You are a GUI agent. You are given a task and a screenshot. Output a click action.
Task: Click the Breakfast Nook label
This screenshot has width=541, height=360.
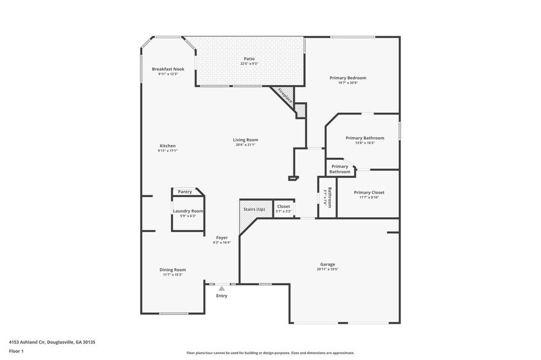pyautogui.click(x=168, y=69)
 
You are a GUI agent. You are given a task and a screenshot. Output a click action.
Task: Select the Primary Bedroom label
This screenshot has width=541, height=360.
pyautogui.click(x=347, y=78)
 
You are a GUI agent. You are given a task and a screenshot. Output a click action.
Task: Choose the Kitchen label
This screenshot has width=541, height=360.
pyautogui.click(x=168, y=146)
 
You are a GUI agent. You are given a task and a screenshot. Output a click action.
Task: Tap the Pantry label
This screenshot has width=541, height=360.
pyautogui.click(x=185, y=192)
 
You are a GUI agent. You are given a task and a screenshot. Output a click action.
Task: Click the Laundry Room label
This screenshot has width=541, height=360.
pyautogui.click(x=188, y=211)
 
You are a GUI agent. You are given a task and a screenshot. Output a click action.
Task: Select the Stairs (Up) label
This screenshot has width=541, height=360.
pyautogui.click(x=254, y=209)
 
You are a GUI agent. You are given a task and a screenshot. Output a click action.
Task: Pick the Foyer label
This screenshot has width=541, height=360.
pyautogui.click(x=221, y=238)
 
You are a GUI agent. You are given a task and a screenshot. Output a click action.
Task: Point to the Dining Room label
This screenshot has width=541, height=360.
pyautogui.click(x=172, y=269)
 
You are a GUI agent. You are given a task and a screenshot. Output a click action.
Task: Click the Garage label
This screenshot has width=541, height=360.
pyautogui.click(x=327, y=264)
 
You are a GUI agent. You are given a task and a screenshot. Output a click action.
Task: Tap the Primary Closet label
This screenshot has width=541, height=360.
pyautogui.click(x=369, y=192)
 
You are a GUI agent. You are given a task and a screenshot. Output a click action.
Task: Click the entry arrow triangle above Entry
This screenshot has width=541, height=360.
pyautogui.click(x=222, y=288)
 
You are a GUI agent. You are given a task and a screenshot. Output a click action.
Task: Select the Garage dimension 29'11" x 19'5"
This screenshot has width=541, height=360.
pyautogui.click(x=327, y=269)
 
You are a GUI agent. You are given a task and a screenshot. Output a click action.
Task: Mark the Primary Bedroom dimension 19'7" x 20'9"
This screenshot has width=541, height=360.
pyautogui.click(x=347, y=83)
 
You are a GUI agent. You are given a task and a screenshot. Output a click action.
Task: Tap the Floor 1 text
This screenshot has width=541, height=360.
pyautogui.click(x=16, y=351)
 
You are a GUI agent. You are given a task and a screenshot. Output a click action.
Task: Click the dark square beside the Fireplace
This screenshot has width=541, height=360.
pyautogui.click(x=300, y=110)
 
